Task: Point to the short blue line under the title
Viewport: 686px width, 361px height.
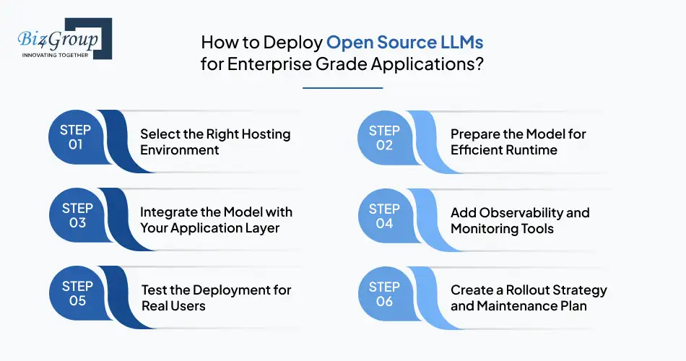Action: (342, 88)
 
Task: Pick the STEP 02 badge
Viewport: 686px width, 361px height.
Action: (384, 137)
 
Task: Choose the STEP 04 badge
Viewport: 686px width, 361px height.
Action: (384, 215)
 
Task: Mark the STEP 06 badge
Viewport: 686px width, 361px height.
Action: (384, 293)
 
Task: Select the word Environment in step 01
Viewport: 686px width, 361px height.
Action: (179, 150)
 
